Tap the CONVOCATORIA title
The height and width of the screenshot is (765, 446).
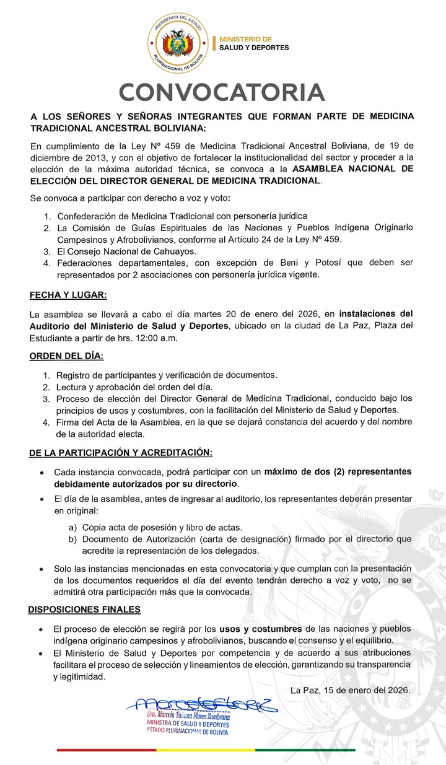click(x=222, y=92)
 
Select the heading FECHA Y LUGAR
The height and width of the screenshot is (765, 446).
click(x=68, y=295)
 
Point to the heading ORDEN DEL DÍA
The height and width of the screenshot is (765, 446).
click(x=67, y=357)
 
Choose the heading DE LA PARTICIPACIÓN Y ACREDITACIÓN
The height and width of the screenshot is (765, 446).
click(x=121, y=453)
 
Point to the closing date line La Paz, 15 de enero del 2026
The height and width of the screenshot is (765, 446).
click(x=349, y=689)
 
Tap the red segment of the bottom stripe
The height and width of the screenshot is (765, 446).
click(x=106, y=750)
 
